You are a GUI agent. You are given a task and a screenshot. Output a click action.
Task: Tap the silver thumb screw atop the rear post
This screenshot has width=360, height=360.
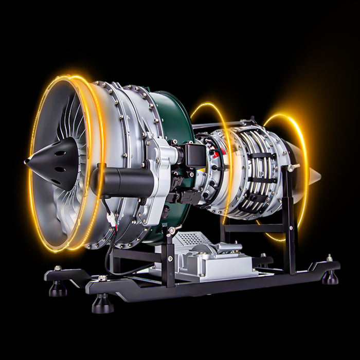[293, 167]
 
